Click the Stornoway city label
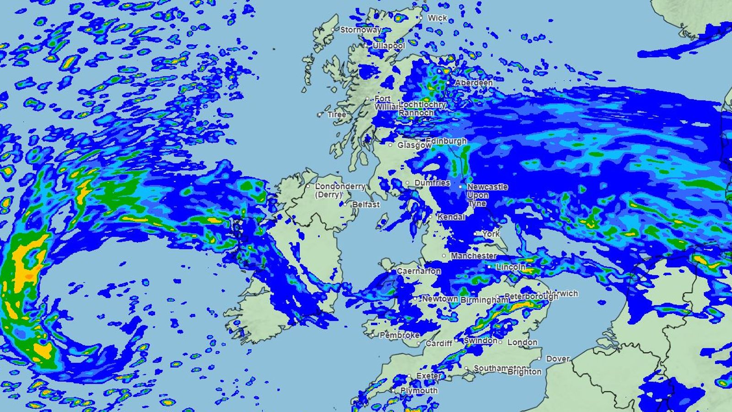[x=361, y=30]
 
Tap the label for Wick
[x=437, y=18]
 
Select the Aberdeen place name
[x=474, y=83]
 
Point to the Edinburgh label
[x=446, y=141]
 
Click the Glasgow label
[x=414, y=145]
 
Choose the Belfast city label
[x=366, y=205]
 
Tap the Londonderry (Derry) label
[x=340, y=190]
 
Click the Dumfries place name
[x=432, y=183]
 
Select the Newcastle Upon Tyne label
[x=487, y=195]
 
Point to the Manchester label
[x=474, y=256]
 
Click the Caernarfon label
[x=419, y=271]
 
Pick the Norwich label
[x=562, y=293]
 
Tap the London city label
[x=522, y=342]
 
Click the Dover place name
[x=558, y=359]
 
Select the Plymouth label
[x=419, y=390]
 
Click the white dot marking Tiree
[x=320, y=114]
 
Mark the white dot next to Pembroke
[x=373, y=336]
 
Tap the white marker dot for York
[x=476, y=234]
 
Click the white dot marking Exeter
[x=409, y=376]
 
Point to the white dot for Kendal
[x=431, y=217]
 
